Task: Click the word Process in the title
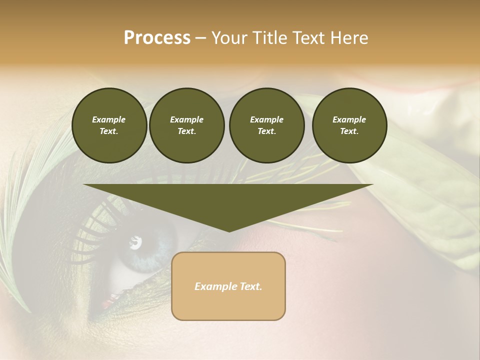click(157, 38)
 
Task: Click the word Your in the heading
click(229, 38)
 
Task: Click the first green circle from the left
click(109, 125)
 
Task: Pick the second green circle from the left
click(186, 125)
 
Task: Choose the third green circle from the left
click(266, 125)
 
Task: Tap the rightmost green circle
click(349, 125)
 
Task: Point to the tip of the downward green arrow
click(229, 231)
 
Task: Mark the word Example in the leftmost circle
click(109, 119)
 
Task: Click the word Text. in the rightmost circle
click(349, 131)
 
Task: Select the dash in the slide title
click(200, 38)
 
